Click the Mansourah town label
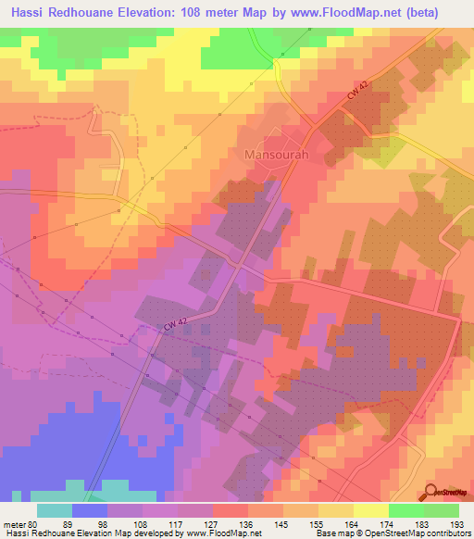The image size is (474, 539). tap(275, 155)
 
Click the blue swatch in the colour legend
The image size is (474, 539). tap(90, 510)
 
